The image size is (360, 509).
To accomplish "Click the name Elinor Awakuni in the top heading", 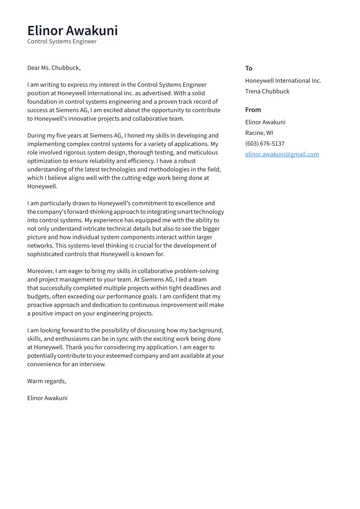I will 72,31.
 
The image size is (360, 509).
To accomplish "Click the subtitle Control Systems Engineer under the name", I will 62,41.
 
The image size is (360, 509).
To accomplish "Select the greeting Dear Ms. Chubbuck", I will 54,68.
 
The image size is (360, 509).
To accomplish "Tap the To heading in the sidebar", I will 248,68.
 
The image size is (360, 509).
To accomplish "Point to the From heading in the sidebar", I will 253,110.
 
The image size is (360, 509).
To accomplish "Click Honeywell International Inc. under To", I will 283,81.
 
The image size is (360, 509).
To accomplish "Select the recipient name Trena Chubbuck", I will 267,91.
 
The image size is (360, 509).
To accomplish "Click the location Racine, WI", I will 259,133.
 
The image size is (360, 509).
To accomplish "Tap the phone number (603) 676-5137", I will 264,143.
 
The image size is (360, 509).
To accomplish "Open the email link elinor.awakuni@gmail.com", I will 282,154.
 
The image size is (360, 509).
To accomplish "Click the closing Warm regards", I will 46,381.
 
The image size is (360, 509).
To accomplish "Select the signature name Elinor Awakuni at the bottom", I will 47,398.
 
